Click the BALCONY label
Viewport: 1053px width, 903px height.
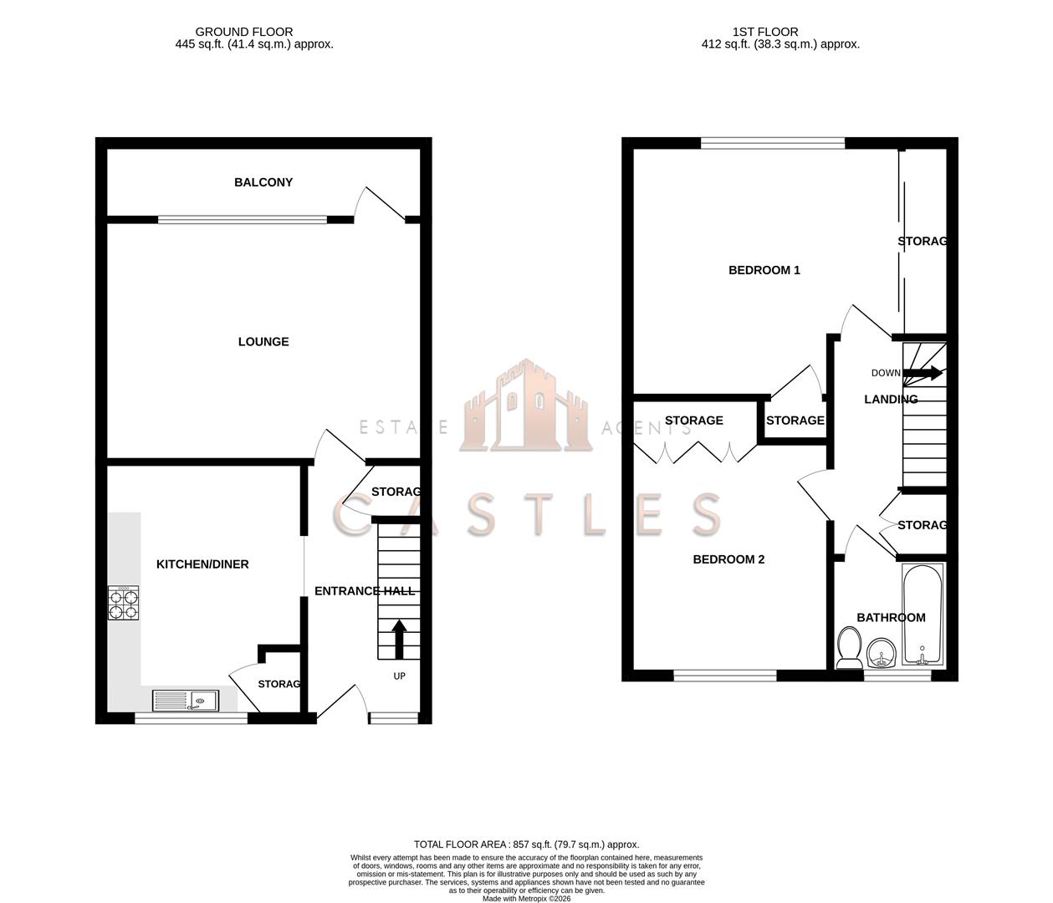263,182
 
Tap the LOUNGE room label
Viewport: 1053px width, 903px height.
263,341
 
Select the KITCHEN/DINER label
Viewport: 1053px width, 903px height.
202,564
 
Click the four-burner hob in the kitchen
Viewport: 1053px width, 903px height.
123,603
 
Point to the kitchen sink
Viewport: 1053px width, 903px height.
186,700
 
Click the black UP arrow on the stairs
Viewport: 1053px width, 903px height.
399,639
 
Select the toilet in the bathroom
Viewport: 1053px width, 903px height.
850,649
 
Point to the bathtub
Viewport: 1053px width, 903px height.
923,614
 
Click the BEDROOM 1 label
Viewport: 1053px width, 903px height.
764,270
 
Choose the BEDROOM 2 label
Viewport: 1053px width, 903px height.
728,559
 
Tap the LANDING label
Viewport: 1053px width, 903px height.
891,400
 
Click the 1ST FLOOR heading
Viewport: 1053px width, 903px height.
764,32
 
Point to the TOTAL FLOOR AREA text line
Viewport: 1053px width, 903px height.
526,844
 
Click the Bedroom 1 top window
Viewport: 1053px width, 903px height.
773,143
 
